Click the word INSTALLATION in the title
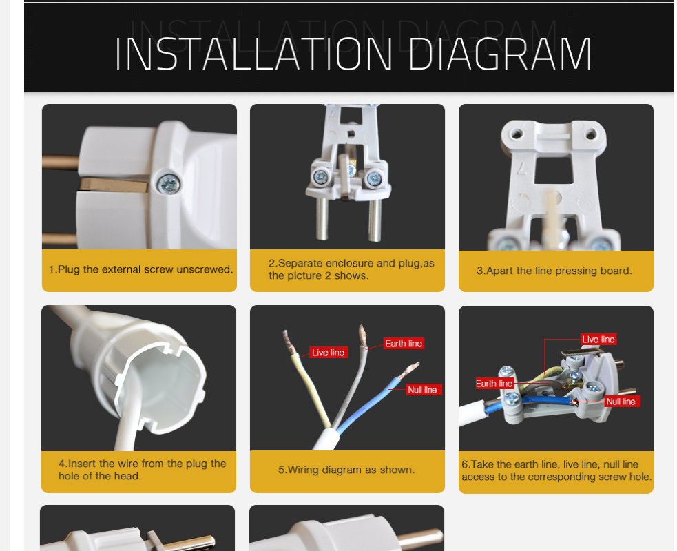tap(254, 54)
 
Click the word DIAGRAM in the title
tap(500, 54)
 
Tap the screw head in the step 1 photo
tap(168, 185)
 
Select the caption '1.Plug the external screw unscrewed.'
tap(140, 269)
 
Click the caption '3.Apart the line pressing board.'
tap(554, 271)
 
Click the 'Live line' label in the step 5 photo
tap(328, 353)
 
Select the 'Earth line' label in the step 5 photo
tap(404, 343)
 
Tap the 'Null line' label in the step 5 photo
tap(422, 390)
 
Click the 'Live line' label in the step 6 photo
tap(598, 340)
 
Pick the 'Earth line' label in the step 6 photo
tap(494, 384)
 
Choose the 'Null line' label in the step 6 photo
tap(621, 401)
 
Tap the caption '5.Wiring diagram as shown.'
tap(346, 470)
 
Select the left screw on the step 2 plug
tap(321, 176)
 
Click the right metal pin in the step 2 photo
tap(375, 219)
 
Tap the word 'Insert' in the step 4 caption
tap(82, 464)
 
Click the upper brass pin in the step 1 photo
tap(61, 163)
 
